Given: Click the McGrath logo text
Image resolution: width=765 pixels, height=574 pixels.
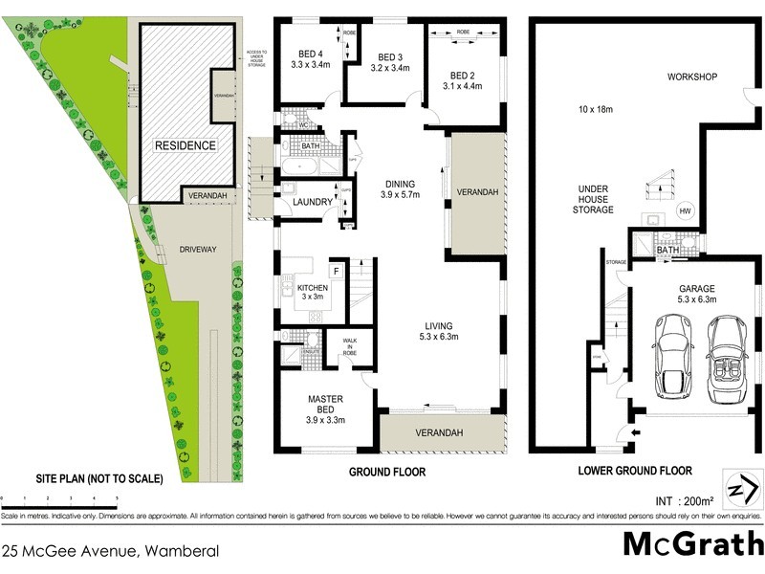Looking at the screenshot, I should tap(691, 543).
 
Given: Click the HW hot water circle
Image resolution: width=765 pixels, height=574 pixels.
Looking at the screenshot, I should tap(685, 211).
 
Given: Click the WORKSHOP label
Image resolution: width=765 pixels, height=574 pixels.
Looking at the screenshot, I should tap(692, 77).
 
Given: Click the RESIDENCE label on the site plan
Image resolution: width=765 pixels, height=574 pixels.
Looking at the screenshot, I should tap(186, 145).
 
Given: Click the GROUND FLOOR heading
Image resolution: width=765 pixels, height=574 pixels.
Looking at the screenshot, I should tap(387, 472).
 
